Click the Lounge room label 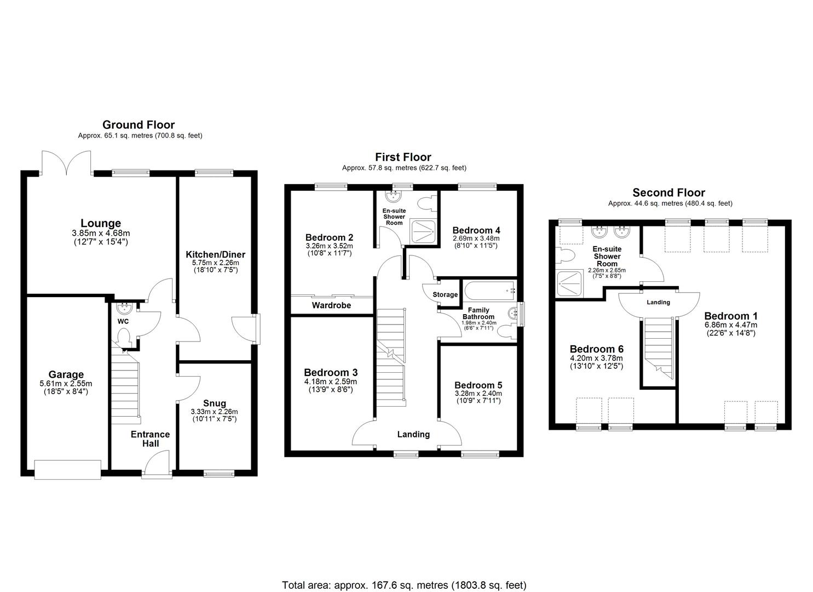pos(101,223)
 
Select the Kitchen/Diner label pos(215,254)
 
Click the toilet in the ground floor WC pos(124,336)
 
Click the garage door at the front pos(67,469)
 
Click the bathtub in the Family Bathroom pos(489,289)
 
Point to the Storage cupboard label pos(445,295)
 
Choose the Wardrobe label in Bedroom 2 pos(331,305)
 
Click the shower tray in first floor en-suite pos(423,231)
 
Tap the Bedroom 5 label pos(478,385)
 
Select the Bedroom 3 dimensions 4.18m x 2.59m pos(330,382)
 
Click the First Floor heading pos(403,157)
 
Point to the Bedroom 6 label pos(596,349)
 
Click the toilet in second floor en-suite pos(564,255)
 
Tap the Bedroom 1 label pos(731,316)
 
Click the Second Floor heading pos(668,192)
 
